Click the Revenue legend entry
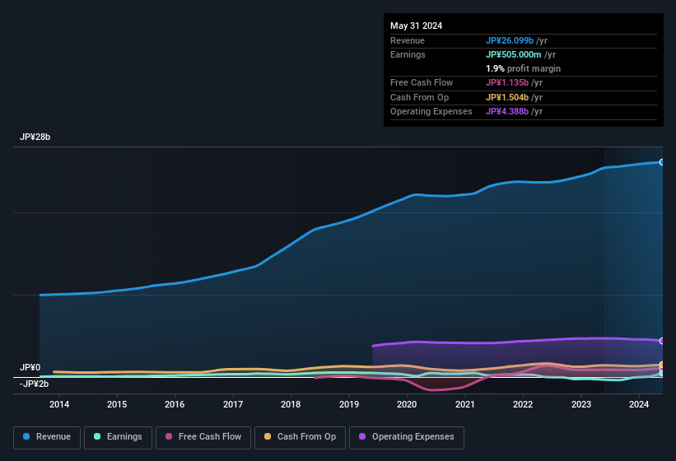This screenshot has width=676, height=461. click(47, 436)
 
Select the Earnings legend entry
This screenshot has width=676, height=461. click(118, 436)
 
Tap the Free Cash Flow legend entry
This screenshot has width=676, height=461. click(203, 436)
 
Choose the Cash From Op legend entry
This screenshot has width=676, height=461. click(299, 436)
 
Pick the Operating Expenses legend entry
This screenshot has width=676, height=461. click(407, 436)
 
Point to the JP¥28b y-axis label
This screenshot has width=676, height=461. click(35, 137)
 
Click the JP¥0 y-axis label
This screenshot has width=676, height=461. click(30, 367)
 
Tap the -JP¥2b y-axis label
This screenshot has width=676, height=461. click(35, 384)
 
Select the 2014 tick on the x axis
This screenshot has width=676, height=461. click(59, 404)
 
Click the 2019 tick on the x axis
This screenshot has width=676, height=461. click(349, 404)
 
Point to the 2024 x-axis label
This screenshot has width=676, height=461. click(639, 404)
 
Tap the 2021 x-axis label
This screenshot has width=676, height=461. click(465, 404)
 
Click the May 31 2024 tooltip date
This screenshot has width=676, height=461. click(416, 26)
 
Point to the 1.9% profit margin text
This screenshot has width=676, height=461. click(523, 68)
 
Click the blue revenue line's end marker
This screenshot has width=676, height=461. click(661, 162)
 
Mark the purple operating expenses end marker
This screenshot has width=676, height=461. click(661, 341)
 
